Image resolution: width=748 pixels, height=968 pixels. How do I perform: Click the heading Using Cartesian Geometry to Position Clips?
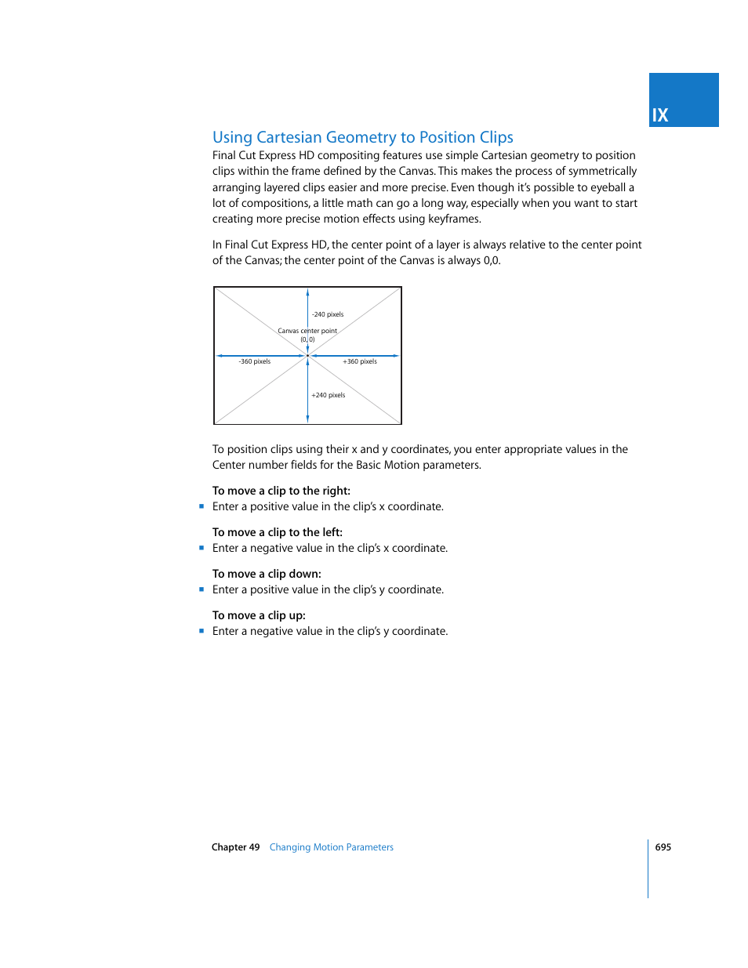coord(362,137)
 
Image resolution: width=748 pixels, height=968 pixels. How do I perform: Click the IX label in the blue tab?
coord(660,115)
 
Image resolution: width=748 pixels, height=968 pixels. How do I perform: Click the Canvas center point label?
coord(307,331)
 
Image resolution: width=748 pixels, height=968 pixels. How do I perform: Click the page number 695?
coord(663,847)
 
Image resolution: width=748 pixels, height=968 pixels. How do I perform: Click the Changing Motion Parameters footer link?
coord(331,847)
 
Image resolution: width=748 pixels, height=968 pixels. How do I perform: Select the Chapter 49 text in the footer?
coord(235,847)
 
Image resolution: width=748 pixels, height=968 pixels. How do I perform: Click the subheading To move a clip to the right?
coord(281,491)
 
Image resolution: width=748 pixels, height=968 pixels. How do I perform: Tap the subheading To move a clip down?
coord(267,574)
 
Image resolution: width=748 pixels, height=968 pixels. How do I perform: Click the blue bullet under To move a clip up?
coord(202,631)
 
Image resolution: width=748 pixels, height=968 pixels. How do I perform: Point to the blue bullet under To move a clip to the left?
coord(202,548)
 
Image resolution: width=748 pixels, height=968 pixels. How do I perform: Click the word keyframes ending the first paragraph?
coord(454,219)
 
